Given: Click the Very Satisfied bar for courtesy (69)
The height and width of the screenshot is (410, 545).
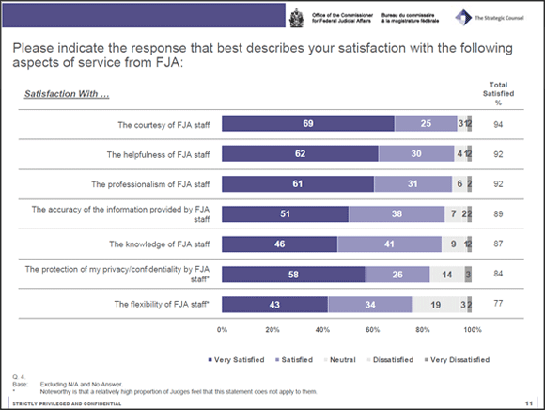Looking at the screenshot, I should pyautogui.click(x=308, y=124).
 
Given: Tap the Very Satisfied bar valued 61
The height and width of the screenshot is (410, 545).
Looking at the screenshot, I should pyautogui.click(x=298, y=184).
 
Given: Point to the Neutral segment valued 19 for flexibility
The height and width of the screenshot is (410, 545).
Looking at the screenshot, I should pyautogui.click(x=435, y=304).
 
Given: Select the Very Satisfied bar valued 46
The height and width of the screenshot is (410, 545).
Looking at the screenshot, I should pyautogui.click(x=280, y=244).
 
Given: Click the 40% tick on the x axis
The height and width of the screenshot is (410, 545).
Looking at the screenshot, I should pyautogui.click(x=322, y=330).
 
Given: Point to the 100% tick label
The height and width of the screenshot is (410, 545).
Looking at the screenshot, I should pyautogui.click(x=472, y=330).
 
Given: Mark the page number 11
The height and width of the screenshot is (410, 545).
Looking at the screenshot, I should pyautogui.click(x=530, y=402).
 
